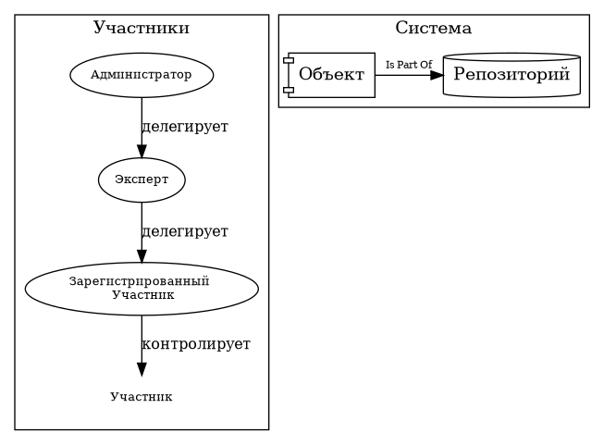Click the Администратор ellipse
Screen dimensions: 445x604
click(x=142, y=74)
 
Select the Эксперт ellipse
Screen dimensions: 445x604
click(x=142, y=179)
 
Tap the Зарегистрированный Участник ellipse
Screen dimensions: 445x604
click(x=142, y=288)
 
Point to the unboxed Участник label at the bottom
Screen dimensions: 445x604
click(x=142, y=397)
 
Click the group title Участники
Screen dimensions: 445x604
click(x=142, y=28)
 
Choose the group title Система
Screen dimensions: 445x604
click(x=433, y=28)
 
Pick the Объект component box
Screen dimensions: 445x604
click(x=331, y=75)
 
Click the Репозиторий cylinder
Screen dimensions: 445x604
click(x=512, y=75)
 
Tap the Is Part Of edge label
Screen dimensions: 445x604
click(x=408, y=64)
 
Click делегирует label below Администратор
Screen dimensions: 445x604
click(x=184, y=126)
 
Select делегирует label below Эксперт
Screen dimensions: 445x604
click(x=184, y=231)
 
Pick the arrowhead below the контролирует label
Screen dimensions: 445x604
click(x=142, y=369)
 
